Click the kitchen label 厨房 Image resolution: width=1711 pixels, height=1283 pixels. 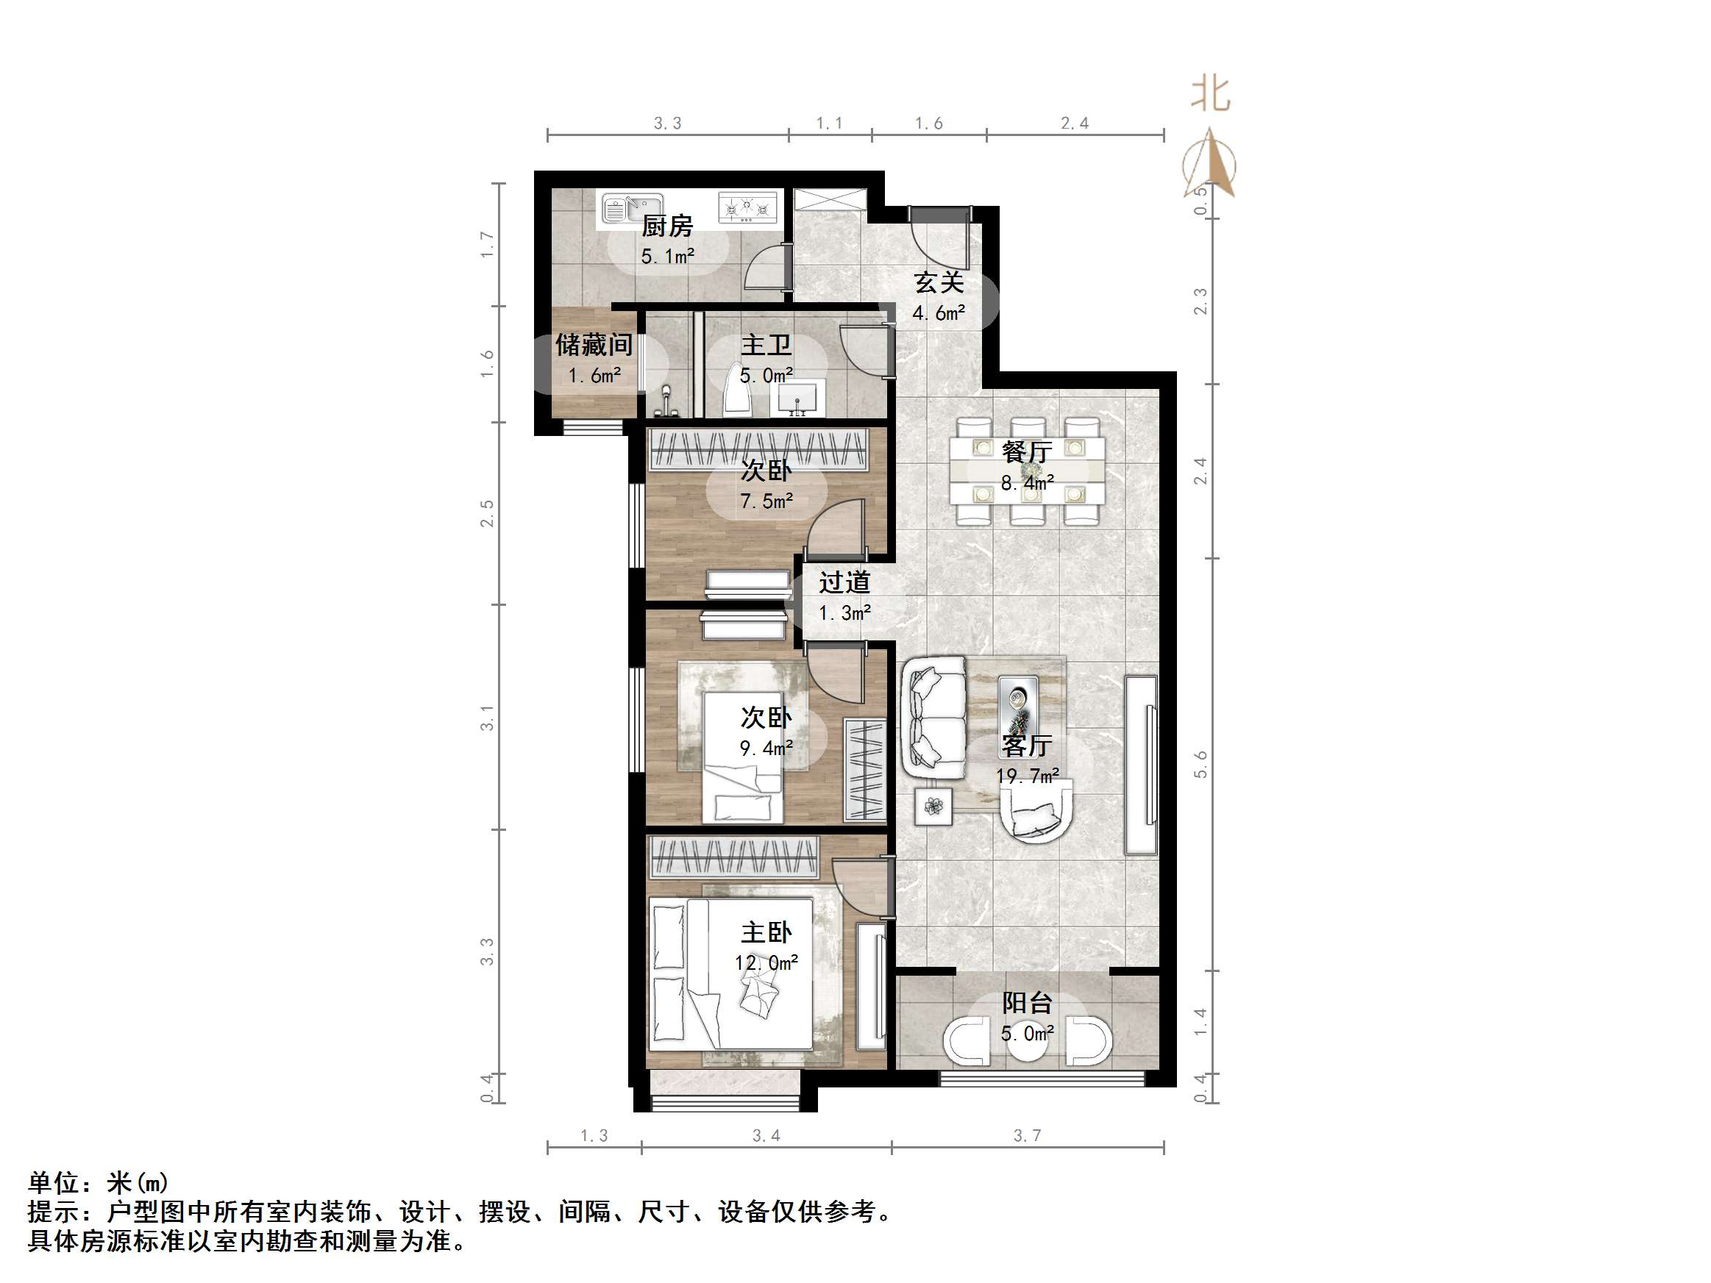pyautogui.click(x=666, y=226)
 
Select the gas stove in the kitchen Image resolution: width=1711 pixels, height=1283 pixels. pyautogui.click(x=747, y=208)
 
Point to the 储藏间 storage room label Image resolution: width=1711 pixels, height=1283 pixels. pyautogui.click(x=594, y=345)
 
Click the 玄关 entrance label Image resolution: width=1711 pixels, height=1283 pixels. pyautogui.click(x=939, y=282)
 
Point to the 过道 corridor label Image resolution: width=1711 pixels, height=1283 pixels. pyautogui.click(x=844, y=582)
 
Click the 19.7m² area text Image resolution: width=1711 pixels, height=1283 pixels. pyautogui.click(x=1026, y=776)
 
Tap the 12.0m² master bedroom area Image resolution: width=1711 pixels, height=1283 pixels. pyautogui.click(x=766, y=963)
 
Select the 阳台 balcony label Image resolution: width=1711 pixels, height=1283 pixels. pyautogui.click(x=1026, y=1003)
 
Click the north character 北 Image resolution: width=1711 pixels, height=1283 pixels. pyautogui.click(x=1210, y=94)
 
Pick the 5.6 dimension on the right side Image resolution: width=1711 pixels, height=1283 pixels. pyautogui.click(x=1200, y=764)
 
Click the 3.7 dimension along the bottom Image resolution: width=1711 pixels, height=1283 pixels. pyautogui.click(x=1026, y=1135)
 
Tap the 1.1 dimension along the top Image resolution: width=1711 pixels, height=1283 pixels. pyautogui.click(x=829, y=123)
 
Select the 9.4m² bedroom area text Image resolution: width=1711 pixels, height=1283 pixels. pyautogui.click(x=766, y=748)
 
